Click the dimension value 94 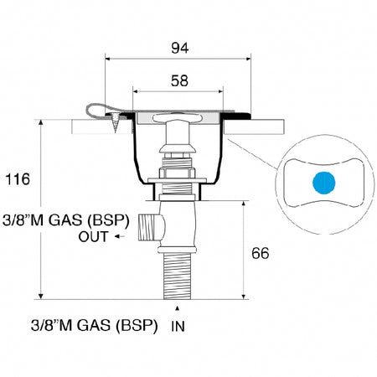(180, 48)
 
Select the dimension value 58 (179, 80)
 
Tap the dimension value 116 (18, 179)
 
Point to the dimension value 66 (261, 253)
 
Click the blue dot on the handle (324, 183)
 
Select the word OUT (93, 237)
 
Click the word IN (178, 326)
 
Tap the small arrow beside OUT (120, 237)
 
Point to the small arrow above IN (177, 308)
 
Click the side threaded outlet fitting (151, 227)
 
